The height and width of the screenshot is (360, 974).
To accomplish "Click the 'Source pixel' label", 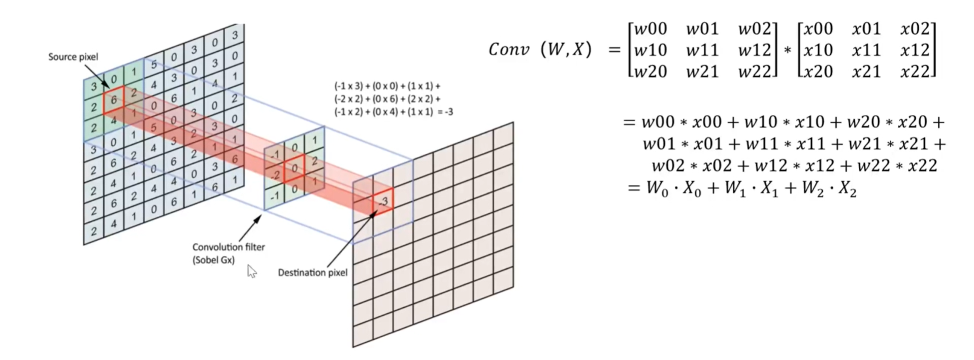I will [73, 57].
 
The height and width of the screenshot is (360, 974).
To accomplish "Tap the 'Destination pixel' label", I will [312, 273].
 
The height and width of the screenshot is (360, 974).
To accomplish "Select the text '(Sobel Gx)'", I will [213, 260].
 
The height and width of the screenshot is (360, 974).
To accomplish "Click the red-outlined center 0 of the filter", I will [294, 169].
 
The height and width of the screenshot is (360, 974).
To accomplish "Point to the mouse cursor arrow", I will [251, 271].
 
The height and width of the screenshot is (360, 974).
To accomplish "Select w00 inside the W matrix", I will [651, 28].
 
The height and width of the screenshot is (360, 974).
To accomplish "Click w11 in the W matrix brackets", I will [702, 50].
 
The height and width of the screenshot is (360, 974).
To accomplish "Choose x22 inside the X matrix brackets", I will [915, 72].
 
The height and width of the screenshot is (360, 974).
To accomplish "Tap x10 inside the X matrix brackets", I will [818, 50].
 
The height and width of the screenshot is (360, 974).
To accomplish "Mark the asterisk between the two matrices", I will [787, 50].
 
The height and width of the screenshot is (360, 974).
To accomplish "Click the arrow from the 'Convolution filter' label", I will [249, 228].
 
